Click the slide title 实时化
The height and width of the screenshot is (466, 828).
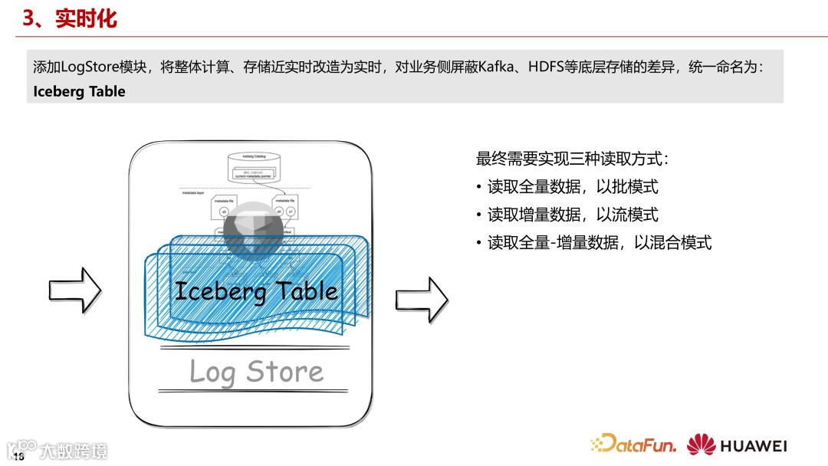86,18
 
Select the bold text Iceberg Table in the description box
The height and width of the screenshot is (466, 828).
79,91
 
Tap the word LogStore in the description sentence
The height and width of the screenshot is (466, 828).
86,67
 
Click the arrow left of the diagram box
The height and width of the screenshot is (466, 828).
75,289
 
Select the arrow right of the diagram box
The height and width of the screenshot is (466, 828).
422,300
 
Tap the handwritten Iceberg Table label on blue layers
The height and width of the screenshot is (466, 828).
256,291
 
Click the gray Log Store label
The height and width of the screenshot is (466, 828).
256,372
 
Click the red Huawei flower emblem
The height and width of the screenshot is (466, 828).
701,445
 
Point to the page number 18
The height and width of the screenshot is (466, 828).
19,457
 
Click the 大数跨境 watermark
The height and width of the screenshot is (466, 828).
74,450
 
